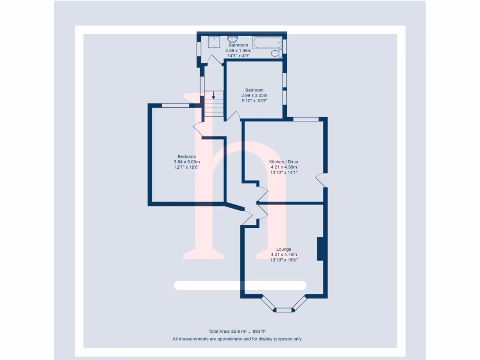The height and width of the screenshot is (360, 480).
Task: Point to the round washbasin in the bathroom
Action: coord(232,39)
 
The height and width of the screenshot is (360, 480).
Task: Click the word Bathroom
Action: coord(238,45)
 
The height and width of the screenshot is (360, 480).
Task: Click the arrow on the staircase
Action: coord(214,96)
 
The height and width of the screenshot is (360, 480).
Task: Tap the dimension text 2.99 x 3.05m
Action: coord(254,95)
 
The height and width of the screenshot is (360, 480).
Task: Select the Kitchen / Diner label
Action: coord(283,162)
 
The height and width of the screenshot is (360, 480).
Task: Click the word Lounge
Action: coord(284,249)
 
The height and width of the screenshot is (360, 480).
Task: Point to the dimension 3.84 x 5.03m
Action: coord(187,162)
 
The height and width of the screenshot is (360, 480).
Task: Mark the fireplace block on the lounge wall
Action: coord(320,249)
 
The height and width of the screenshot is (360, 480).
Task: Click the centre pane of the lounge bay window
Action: coord(283,310)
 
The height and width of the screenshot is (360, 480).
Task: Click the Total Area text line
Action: coord(237,331)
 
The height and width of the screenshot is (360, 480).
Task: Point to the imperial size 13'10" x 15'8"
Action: coord(284,260)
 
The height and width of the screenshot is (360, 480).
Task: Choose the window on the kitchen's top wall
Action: coord(306,119)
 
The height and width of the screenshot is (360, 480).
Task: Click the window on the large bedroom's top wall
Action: coord(176,105)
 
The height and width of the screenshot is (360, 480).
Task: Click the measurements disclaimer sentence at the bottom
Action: coord(237,338)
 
